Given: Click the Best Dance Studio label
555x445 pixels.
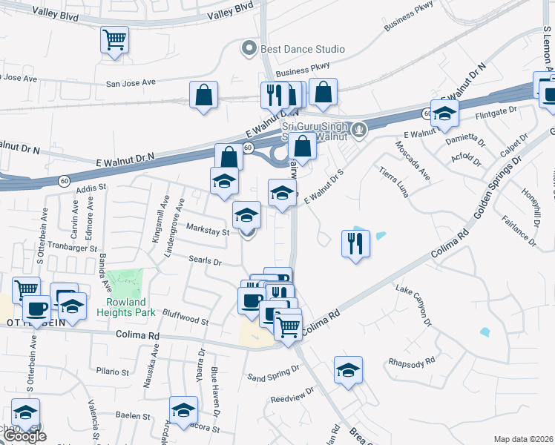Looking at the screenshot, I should (x=301, y=49).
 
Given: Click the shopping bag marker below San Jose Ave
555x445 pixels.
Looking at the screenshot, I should (x=203, y=95).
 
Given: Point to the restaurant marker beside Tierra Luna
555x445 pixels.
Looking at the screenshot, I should (x=355, y=243).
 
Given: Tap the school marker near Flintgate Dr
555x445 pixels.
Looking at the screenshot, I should (x=444, y=113).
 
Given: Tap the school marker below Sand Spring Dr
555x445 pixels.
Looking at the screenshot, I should (x=348, y=369).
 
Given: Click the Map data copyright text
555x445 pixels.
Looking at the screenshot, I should (x=522, y=439).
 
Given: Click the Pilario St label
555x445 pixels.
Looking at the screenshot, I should (x=113, y=370).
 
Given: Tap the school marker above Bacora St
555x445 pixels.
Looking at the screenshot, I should (x=183, y=410).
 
